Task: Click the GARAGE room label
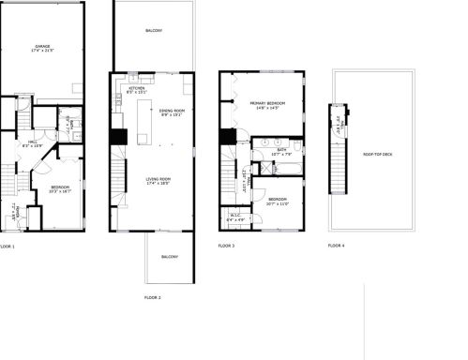(43, 47)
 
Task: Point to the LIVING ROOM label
(159, 180)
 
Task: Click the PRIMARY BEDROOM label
(267, 105)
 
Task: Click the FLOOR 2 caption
(153, 297)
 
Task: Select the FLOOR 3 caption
(226, 246)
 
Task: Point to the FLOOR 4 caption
(336, 246)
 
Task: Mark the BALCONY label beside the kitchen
(154, 32)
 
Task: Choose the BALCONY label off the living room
(170, 256)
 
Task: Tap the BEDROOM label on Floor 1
(59, 187)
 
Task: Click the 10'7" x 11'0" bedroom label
(278, 201)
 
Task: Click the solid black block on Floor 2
(119, 137)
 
